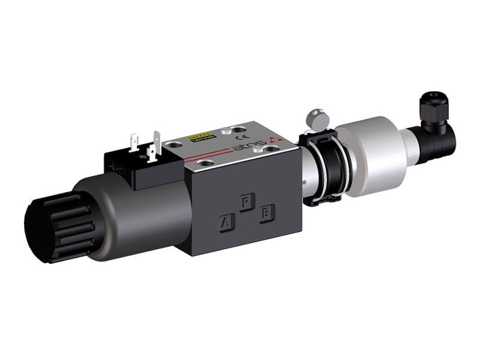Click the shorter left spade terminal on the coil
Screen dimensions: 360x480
(133, 142)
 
